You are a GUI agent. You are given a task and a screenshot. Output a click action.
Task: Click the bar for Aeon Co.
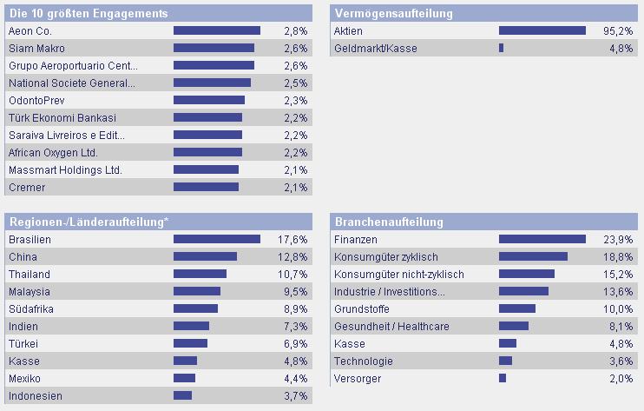pyautogui.click(x=216, y=30)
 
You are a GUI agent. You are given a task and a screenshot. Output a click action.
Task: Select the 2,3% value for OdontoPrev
pyautogui.click(x=295, y=100)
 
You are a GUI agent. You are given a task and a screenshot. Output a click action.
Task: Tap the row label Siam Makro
pyautogui.click(x=36, y=48)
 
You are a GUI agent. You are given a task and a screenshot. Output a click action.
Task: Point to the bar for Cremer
pyautogui.click(x=206, y=187)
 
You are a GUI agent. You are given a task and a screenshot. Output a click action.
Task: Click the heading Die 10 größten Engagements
pyautogui.click(x=88, y=13)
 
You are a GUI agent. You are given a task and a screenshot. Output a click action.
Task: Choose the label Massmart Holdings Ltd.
pyautogui.click(x=65, y=169)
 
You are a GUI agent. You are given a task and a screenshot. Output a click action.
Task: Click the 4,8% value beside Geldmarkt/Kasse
pyautogui.click(x=621, y=48)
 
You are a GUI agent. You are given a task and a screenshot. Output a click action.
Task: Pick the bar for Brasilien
pyautogui.click(x=217, y=239)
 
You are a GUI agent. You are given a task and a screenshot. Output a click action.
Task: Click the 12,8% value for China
pyautogui.click(x=293, y=256)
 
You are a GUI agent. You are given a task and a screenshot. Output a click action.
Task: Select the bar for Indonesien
pyautogui.click(x=182, y=395)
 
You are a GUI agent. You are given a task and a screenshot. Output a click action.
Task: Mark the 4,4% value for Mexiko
pyautogui.click(x=295, y=378)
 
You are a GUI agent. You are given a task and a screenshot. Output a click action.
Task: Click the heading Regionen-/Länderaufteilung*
pyautogui.click(x=88, y=222)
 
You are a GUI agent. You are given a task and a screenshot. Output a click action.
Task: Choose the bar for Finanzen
pyautogui.click(x=542, y=239)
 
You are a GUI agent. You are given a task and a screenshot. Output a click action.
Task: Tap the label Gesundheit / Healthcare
pyautogui.click(x=391, y=326)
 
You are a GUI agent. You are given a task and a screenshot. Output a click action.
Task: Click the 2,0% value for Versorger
pyautogui.click(x=621, y=378)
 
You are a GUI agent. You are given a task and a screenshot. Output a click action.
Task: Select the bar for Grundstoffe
pyautogui.click(x=517, y=308)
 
